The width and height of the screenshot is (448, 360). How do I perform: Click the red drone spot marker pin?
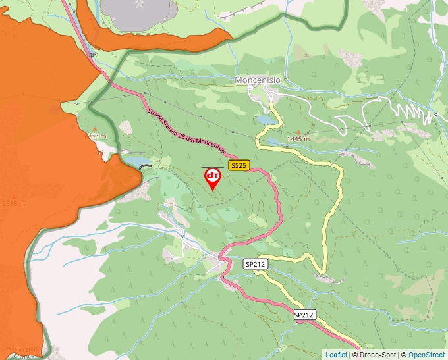pyautogui.click(x=213, y=178)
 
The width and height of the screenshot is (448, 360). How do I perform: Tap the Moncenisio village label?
pyautogui.click(x=258, y=80)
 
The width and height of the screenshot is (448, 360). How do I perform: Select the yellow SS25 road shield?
pyautogui.click(x=238, y=165)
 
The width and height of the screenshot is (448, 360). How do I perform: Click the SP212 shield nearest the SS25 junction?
pyautogui.click(x=256, y=264)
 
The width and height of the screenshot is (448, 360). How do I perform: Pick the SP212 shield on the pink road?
pyautogui.click(x=304, y=315)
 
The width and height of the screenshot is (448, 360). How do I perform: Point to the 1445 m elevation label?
pyautogui.click(x=298, y=140)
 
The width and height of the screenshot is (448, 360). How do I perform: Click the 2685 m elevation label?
pyautogui.click(x=13, y=203)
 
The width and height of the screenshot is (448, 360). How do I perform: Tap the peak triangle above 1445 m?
pyautogui.click(x=298, y=132)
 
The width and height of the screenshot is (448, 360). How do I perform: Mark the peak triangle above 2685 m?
pyautogui.click(x=13, y=195)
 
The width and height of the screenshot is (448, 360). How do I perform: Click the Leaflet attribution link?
pyautogui.click(x=336, y=355)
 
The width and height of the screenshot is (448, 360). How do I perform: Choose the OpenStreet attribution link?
pyautogui.click(x=426, y=355)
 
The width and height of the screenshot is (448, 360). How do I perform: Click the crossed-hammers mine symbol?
pyautogui.click(x=140, y=5)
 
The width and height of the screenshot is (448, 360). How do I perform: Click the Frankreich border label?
pyautogui.click(x=20, y=348)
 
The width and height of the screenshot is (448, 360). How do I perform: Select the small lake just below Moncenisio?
pyautogui.click(x=266, y=120)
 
